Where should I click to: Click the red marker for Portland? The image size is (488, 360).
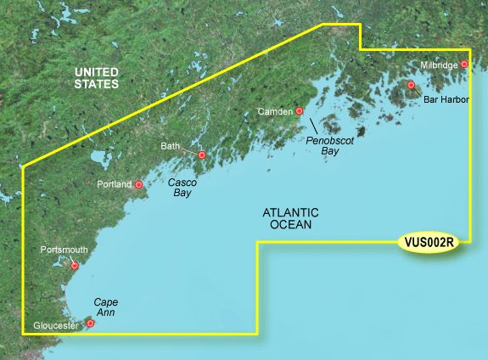pos(139,184)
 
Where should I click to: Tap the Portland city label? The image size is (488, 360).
pos(115,184)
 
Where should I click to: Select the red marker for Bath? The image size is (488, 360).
pos(202,155)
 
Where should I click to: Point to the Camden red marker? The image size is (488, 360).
pos(300,110)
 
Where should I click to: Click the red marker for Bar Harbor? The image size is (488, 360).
pos(411,85)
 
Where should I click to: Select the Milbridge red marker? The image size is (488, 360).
pos(464,65)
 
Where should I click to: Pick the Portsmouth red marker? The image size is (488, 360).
pos(75,266)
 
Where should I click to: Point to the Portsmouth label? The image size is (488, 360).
pos(63,250)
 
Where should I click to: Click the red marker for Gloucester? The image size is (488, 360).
pos(91,323)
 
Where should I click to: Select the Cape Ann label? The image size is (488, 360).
pos(105,307)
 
